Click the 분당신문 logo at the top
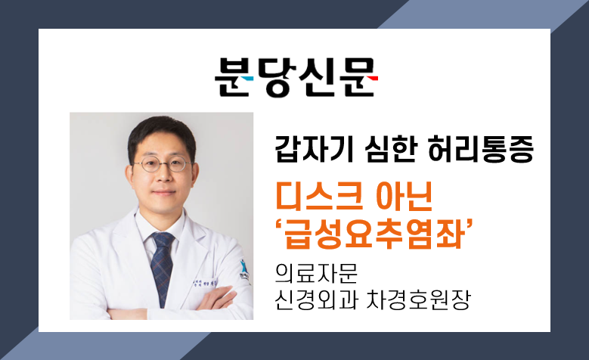(x=296, y=77)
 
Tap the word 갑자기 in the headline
(x=314, y=149)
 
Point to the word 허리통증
(x=480, y=149)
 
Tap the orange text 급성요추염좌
(x=373, y=235)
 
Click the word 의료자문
(x=316, y=273)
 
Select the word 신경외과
(x=316, y=299)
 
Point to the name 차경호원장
(x=417, y=299)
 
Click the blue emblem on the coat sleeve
(x=244, y=271)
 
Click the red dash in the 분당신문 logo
(x=372, y=79)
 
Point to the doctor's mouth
(x=164, y=192)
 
